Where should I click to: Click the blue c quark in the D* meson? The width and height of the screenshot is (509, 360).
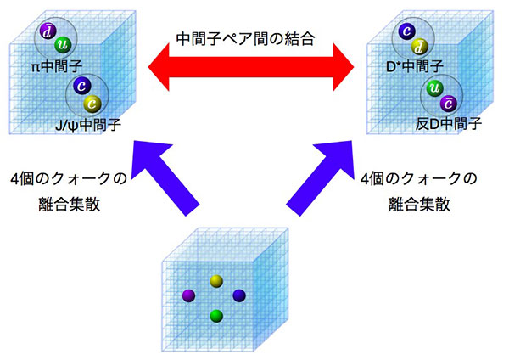point(406,31)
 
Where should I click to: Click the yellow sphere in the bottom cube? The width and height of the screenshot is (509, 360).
point(215,281)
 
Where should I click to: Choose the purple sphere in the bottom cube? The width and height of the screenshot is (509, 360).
point(188,296)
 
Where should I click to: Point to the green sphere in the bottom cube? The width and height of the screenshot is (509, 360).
point(216,317)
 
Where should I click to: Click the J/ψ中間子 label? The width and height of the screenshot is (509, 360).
point(88,125)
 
